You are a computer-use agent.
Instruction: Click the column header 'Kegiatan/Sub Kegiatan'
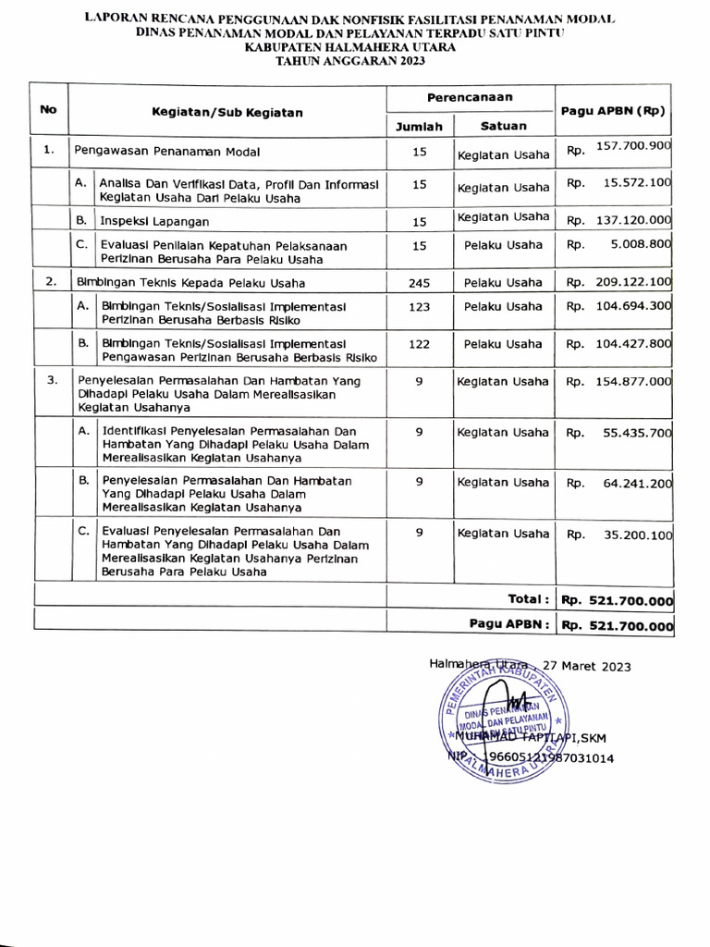227,112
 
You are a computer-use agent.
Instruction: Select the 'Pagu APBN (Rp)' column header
613,110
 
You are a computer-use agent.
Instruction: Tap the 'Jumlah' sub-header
419,127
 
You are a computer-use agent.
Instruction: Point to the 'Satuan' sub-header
504,126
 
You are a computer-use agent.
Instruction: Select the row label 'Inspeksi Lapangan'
154,221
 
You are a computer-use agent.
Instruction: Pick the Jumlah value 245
419,283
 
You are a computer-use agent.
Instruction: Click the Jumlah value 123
419,306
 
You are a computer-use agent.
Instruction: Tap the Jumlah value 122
419,344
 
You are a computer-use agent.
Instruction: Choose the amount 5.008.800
637,245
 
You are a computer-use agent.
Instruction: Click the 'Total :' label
529,599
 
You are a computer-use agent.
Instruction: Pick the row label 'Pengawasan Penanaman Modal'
166,150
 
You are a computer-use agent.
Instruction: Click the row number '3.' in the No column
53,379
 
